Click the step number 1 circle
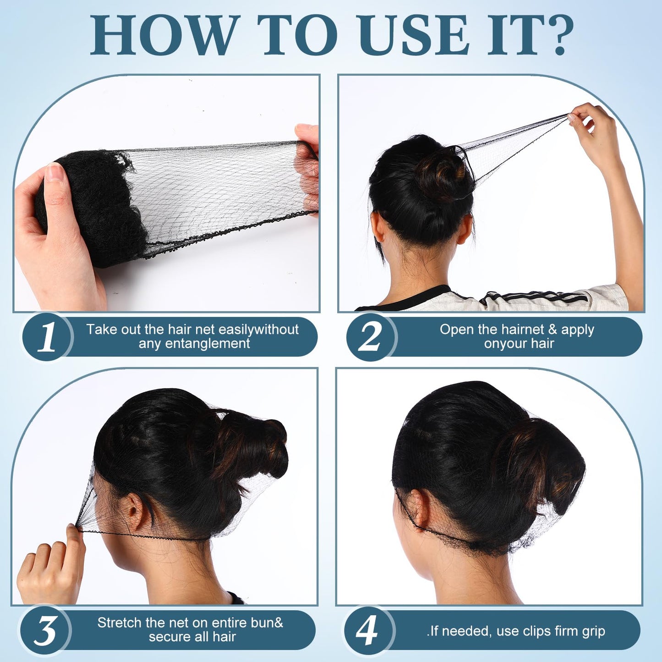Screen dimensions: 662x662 tap(47, 337)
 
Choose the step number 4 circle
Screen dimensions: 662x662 tap(369, 631)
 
